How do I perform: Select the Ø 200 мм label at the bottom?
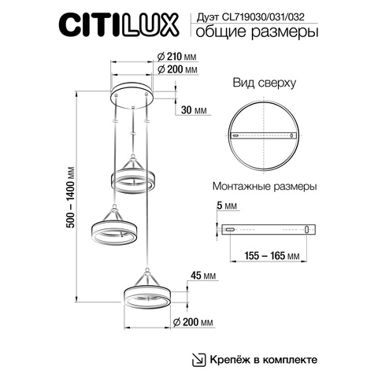(x=191, y=324)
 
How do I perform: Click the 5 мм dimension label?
(x=228, y=206)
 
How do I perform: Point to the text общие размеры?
(x=267, y=32)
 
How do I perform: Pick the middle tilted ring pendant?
(x=115, y=231)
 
